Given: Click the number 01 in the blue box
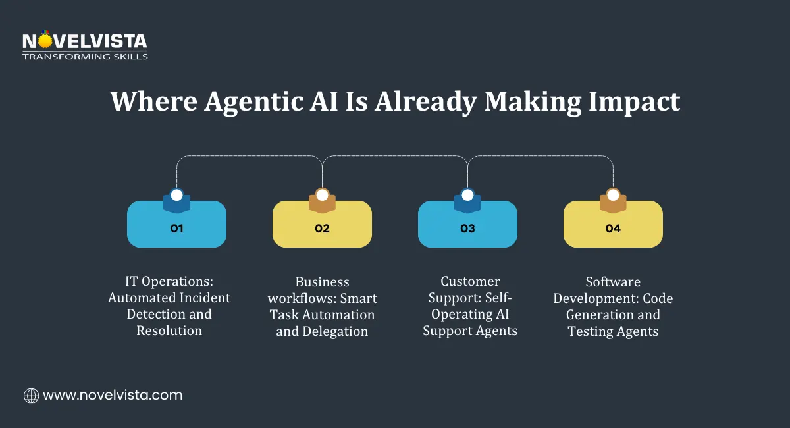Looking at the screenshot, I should pyautogui.click(x=176, y=229).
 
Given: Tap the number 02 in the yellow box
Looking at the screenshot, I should pyautogui.click(x=322, y=229).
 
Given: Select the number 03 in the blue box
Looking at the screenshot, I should pyautogui.click(x=467, y=229).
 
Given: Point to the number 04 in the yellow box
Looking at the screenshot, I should pyautogui.click(x=613, y=229).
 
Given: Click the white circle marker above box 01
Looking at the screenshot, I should pyautogui.click(x=176, y=195).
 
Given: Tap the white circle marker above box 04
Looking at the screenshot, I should pyautogui.click(x=613, y=195).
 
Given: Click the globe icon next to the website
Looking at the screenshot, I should pyautogui.click(x=31, y=396).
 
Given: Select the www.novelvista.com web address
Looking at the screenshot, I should pyautogui.click(x=113, y=396).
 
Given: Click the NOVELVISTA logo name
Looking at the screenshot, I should pyautogui.click(x=85, y=42).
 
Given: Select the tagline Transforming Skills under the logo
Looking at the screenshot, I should pyautogui.click(x=85, y=57).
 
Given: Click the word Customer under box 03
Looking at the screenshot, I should pyautogui.click(x=470, y=281).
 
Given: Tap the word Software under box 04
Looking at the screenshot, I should pyautogui.click(x=612, y=282).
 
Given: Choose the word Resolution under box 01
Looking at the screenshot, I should pyautogui.click(x=169, y=331).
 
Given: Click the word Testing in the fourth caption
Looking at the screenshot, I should pyautogui.click(x=590, y=331).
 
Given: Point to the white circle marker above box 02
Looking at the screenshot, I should pyautogui.click(x=322, y=195).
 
